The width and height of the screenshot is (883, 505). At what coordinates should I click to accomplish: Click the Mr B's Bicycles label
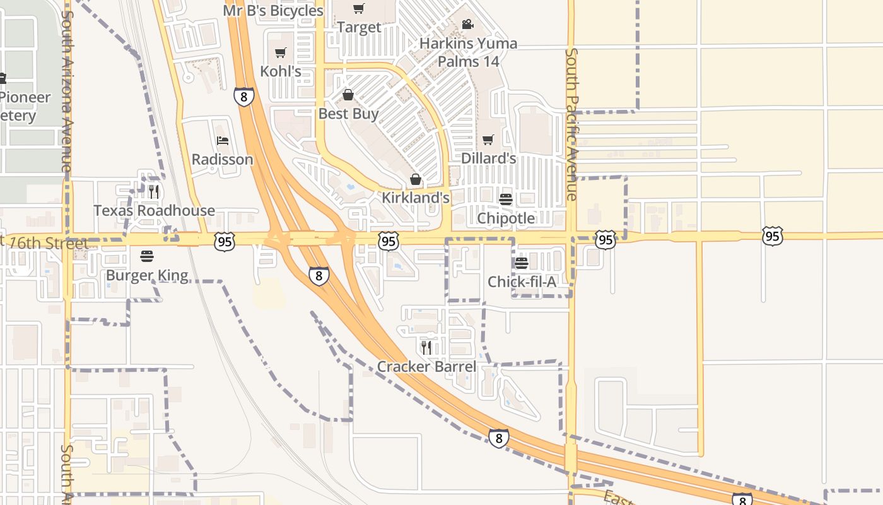273,11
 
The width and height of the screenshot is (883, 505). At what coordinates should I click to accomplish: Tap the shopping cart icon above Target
359,9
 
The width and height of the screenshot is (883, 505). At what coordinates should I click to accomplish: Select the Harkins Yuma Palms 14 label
469,52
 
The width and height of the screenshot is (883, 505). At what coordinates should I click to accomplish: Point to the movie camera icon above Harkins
467,25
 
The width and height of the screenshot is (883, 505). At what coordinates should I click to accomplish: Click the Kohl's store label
281,71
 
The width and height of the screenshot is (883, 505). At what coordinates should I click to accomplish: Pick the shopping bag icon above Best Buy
348,95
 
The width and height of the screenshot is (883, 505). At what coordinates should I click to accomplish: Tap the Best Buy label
348,114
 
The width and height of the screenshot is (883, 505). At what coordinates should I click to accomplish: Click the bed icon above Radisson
222,140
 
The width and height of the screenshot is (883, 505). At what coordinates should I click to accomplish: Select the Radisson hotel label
222,159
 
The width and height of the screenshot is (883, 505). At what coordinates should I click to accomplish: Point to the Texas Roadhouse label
154,210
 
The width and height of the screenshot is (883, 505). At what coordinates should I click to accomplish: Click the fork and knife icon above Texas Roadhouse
154,191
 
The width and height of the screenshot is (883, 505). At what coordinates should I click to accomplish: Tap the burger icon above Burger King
147,256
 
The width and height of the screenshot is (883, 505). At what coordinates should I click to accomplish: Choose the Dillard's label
489,158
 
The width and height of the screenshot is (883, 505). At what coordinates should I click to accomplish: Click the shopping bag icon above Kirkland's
415,180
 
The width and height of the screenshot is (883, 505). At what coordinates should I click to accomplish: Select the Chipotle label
506,218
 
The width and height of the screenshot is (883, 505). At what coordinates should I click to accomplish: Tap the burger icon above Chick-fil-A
522,263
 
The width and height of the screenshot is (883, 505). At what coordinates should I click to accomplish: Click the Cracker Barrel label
426,366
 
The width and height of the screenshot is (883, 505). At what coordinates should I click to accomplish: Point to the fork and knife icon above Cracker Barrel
426,347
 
